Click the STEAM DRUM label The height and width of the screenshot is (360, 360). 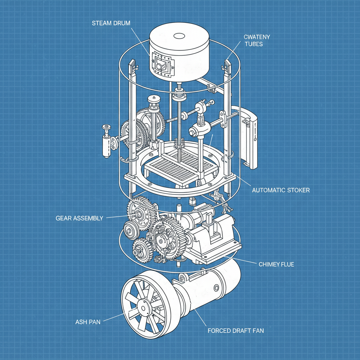coord(111,24)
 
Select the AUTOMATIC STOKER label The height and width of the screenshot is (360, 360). coord(281,190)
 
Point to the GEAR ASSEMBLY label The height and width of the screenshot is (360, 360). coord(79,218)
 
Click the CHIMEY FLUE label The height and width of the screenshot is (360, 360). coord(276,264)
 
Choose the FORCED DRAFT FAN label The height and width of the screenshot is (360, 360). coord(236,330)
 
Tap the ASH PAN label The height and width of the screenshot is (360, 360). coord(88,322)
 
